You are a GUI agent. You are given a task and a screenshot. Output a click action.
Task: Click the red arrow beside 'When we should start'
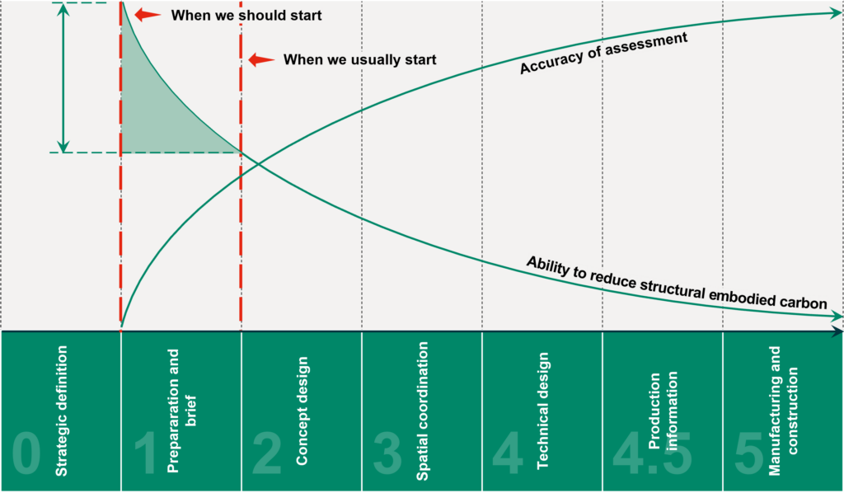(148, 15)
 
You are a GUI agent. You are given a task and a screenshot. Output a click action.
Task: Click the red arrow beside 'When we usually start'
(261, 59)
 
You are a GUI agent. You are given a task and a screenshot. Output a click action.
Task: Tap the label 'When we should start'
(246, 15)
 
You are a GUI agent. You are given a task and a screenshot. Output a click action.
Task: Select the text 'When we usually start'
(359, 59)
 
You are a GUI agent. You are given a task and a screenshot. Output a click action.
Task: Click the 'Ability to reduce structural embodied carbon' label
(677, 283)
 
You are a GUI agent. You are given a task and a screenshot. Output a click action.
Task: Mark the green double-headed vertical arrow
(63, 78)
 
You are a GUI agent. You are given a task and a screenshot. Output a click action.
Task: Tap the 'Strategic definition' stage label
(62, 411)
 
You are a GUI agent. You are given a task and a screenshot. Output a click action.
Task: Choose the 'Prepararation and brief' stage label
(181, 411)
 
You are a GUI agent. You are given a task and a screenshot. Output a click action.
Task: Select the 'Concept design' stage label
(302, 411)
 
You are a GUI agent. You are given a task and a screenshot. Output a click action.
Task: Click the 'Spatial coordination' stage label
(423, 411)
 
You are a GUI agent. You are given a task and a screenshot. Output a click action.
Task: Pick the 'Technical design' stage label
(542, 411)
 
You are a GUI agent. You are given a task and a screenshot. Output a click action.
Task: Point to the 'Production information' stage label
(663, 411)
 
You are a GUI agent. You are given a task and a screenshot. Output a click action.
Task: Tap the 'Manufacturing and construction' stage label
(783, 411)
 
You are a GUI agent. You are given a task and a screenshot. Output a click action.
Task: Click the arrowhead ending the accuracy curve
(837, 12)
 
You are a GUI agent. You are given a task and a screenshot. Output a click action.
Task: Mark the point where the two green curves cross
(259, 163)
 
